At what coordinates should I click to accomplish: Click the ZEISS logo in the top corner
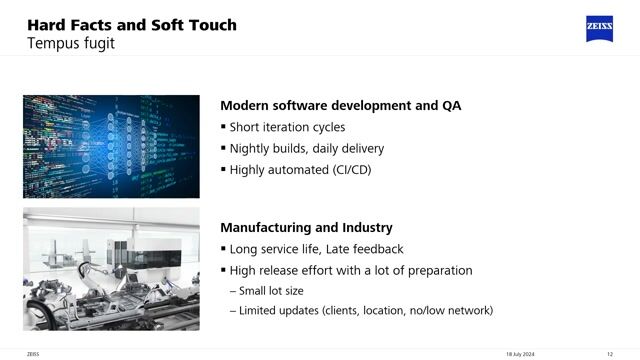tap(600, 28)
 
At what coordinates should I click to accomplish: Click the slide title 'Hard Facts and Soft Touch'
tap(131, 24)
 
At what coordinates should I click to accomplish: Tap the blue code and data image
tap(111, 146)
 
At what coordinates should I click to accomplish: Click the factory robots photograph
tap(111, 265)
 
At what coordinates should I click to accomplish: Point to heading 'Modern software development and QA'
tap(340, 105)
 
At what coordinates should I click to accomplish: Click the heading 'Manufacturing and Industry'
tap(306, 228)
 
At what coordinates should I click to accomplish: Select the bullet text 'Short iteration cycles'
tap(287, 127)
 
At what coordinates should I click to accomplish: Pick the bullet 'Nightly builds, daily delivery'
tap(306, 148)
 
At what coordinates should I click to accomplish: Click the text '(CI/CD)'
tap(350, 170)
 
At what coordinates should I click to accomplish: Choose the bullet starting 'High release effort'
tap(350, 270)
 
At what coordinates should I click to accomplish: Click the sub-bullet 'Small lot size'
tap(271, 291)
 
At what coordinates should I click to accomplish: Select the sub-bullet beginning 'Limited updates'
tap(366, 311)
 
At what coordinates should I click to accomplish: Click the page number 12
tap(610, 353)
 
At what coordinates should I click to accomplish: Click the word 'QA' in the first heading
tap(451, 105)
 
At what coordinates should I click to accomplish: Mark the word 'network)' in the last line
tap(469, 311)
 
